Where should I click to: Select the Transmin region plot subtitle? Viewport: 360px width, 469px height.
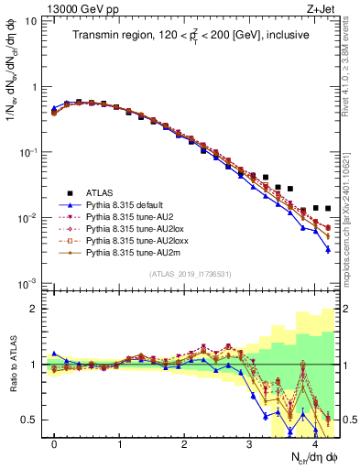(191, 35)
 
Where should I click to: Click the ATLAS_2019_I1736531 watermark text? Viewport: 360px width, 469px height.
(191, 273)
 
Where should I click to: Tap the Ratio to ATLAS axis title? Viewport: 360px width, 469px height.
(12, 365)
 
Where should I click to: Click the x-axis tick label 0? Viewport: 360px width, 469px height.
(54, 444)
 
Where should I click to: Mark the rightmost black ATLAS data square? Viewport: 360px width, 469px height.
(328, 209)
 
